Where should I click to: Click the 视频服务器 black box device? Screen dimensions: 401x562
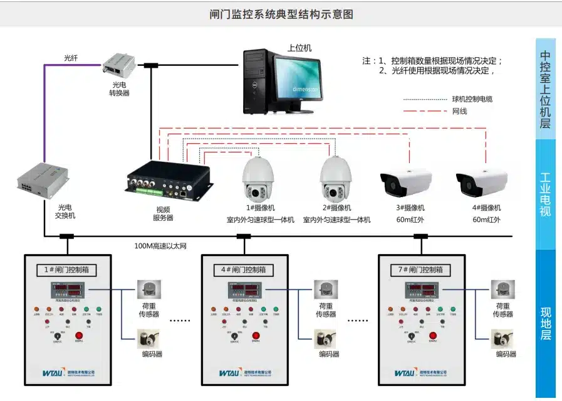click(x=169, y=180)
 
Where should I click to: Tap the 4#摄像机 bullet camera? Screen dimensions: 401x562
click(x=481, y=181)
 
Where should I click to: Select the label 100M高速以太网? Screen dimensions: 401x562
click(x=161, y=246)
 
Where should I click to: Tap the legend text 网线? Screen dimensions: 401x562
click(x=459, y=112)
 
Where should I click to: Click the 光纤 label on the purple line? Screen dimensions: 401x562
click(x=71, y=58)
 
